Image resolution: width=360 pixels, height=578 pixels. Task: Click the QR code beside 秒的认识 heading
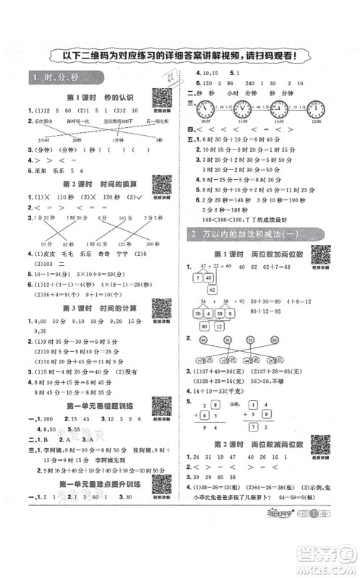[161, 96]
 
